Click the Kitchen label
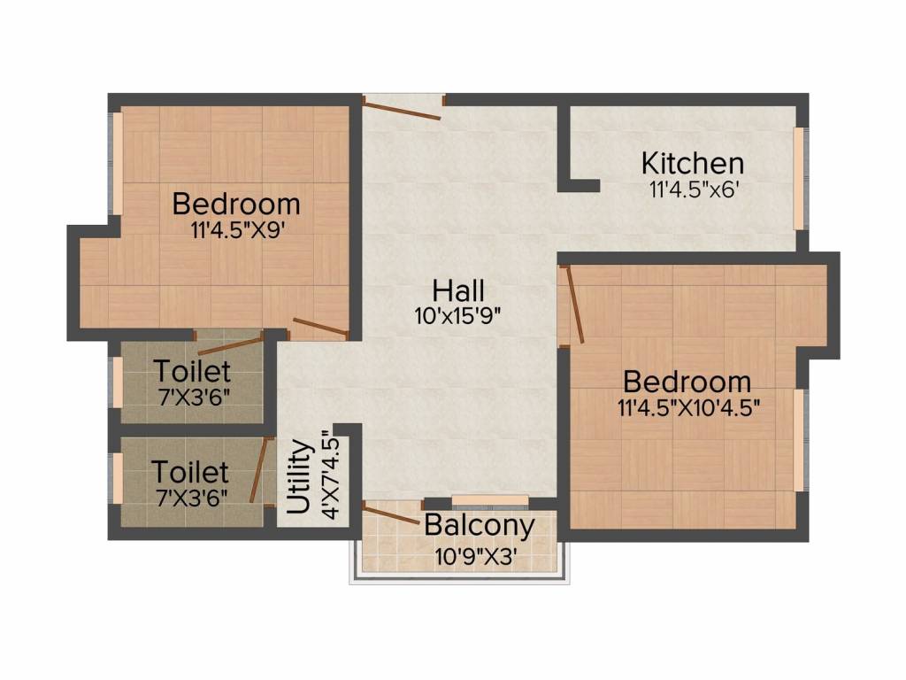coord(692,164)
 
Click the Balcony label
coord(479,526)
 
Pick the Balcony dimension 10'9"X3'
coord(475,557)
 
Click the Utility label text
coord(300,478)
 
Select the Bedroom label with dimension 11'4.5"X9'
coord(236,205)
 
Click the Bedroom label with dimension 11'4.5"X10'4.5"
coord(687,382)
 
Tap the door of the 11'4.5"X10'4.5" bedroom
coord(573,305)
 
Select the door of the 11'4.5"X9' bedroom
coord(320,328)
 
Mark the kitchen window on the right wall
coord(799,178)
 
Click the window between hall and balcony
coord(490,501)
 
